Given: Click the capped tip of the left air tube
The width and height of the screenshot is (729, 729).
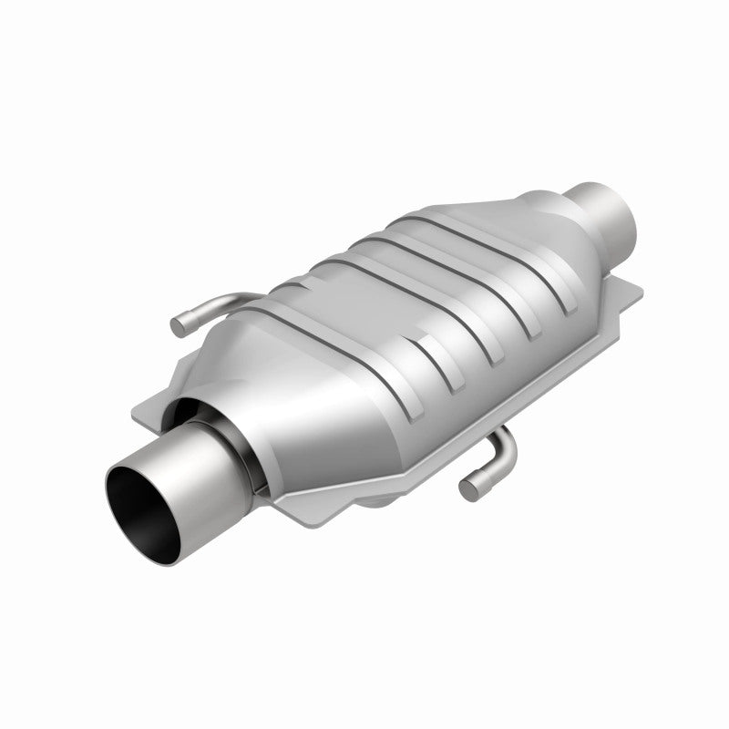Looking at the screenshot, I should click(180, 323).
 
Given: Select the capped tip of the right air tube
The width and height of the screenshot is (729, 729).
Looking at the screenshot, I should click(468, 489).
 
